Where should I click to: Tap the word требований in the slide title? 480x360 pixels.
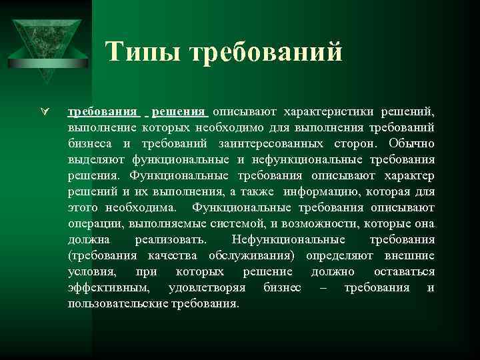tap(266, 52)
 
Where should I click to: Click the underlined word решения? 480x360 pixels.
tap(181, 111)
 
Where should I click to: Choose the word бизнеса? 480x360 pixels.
tap(90, 143)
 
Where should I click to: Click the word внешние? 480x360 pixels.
tap(409, 255)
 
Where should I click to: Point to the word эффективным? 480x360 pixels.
tap(109, 287)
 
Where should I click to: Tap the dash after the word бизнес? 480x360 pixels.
tap(323, 287)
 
